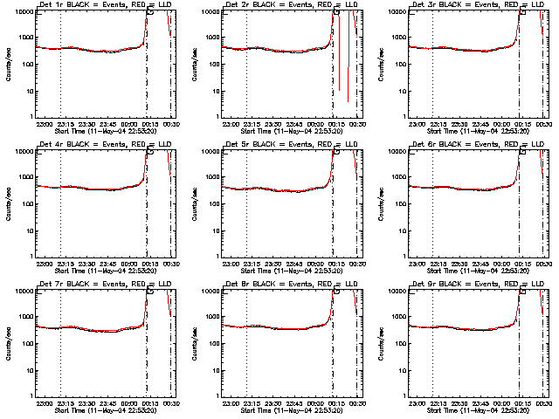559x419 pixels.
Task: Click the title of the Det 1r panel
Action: click(x=101, y=5)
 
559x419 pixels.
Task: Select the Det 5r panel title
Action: click(x=287, y=145)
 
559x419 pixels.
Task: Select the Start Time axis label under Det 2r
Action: click(x=287, y=131)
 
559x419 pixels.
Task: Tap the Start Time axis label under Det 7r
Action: click(x=101, y=410)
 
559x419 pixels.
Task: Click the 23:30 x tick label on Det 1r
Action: click(x=85, y=124)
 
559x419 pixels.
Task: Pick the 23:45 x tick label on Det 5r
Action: click(x=293, y=264)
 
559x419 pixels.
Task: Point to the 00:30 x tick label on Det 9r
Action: click(x=542, y=403)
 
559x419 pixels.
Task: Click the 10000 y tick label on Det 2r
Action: click(x=208, y=12)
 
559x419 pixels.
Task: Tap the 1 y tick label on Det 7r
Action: click(x=30, y=395)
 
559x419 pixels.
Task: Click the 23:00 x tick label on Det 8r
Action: click(x=229, y=403)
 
